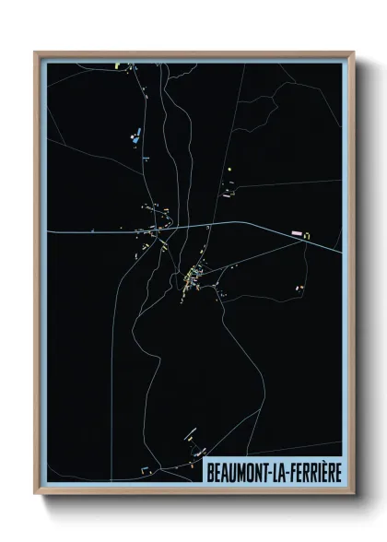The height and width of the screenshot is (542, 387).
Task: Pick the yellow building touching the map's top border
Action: (x=116, y=66)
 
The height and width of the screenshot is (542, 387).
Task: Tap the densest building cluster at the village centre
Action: (x=193, y=276)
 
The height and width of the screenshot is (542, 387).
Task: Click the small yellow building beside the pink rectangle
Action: (x=307, y=236)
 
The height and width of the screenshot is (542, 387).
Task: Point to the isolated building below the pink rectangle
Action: (x=299, y=288)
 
